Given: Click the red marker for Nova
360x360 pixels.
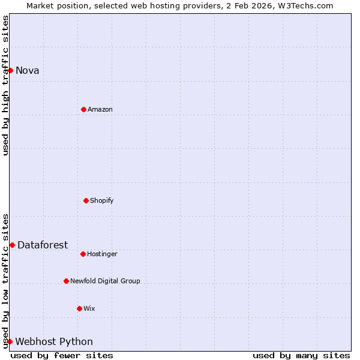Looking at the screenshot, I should click(x=10, y=70).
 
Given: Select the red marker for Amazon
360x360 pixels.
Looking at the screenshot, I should click(x=83, y=109).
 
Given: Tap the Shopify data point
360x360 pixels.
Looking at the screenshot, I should click(x=86, y=200).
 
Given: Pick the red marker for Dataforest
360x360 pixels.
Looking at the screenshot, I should click(x=12, y=245).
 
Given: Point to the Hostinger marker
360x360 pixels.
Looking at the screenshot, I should click(x=83, y=254).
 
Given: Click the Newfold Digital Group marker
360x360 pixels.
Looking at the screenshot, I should click(x=66, y=281).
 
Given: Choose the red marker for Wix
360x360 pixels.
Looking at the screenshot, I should click(x=79, y=308).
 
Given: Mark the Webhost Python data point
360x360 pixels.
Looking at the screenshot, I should click(x=10, y=341).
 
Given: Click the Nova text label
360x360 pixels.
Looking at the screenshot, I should click(x=28, y=71).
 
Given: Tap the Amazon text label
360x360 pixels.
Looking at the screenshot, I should click(x=100, y=110).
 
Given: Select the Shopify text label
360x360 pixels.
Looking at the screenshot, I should click(x=102, y=201).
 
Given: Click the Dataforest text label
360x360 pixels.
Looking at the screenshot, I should click(x=43, y=245).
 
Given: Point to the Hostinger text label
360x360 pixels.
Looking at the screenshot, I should click(x=103, y=254).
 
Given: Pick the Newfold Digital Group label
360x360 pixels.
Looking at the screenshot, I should click(x=105, y=281).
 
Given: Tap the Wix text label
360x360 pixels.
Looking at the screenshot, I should click(x=89, y=309).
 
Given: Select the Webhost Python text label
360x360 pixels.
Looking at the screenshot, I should click(x=54, y=342).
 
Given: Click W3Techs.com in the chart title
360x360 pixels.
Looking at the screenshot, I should click(x=308, y=5).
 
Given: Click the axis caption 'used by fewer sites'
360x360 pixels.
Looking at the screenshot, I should click(x=62, y=355).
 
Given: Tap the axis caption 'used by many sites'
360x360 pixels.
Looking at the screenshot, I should click(x=301, y=355).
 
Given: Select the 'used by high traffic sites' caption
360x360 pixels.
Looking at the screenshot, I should click(x=5, y=85).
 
